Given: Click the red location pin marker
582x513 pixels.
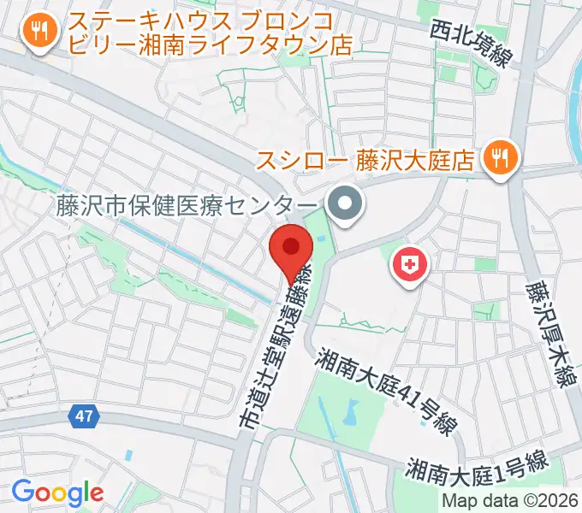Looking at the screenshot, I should [291, 248].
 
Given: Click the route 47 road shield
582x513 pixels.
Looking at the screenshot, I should [82, 416].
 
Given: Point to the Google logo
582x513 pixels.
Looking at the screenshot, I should [57, 492].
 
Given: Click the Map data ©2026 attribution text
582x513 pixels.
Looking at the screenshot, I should [510, 500].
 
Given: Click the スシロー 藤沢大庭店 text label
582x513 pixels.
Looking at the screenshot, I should [366, 159].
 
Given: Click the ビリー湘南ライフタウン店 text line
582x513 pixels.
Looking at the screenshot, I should [211, 44].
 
